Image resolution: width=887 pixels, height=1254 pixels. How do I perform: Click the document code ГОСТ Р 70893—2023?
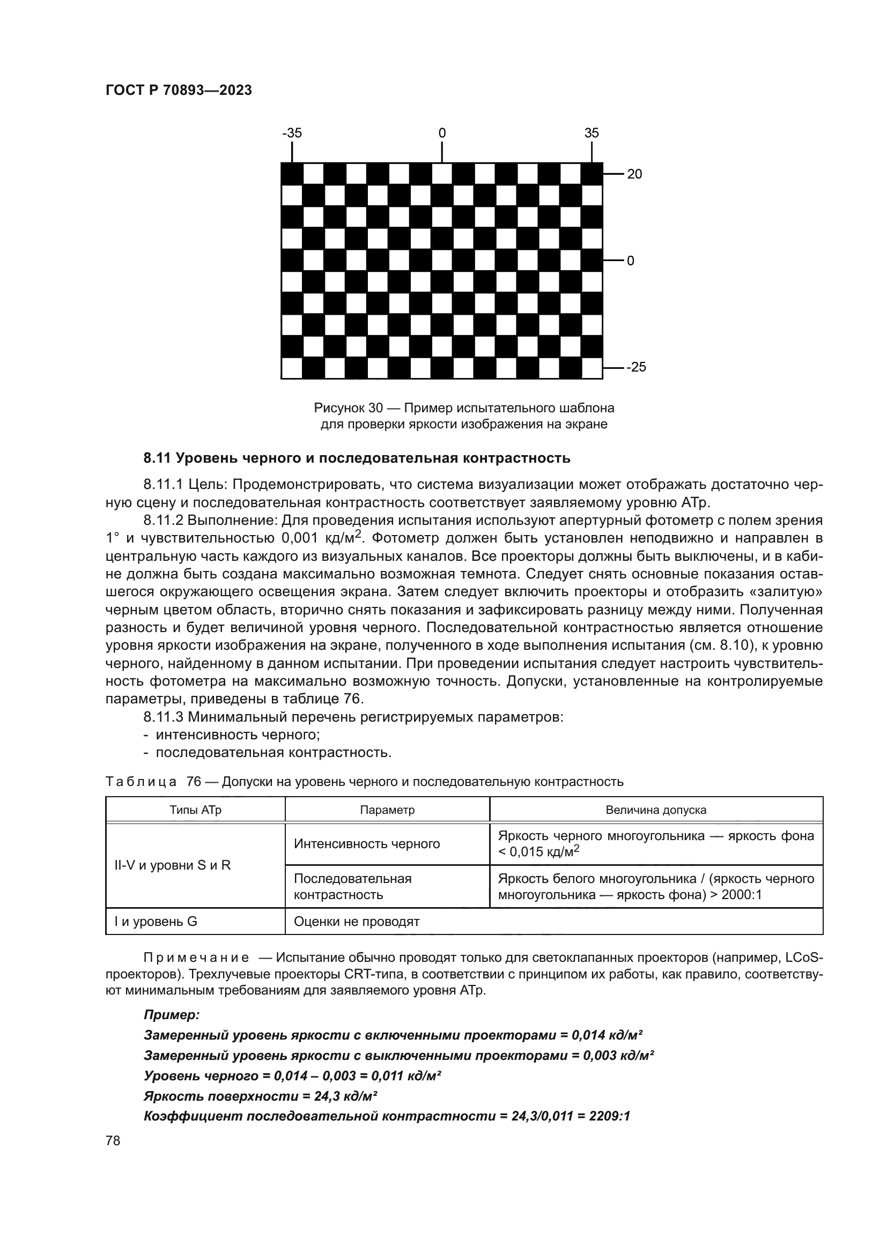179,90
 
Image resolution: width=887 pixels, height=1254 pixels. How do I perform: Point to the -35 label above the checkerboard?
292,133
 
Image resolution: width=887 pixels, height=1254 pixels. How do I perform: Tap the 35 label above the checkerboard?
592,133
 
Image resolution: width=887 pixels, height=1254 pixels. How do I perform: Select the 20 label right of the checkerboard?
634,174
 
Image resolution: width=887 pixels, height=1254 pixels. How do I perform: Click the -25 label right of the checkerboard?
636,367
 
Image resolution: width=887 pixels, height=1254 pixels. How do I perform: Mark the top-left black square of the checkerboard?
292,174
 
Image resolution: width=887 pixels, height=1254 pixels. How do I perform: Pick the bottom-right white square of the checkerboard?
592,368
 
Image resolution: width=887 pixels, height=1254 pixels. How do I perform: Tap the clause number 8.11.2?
164,520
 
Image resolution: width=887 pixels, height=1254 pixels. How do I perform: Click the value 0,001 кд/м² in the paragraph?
322,538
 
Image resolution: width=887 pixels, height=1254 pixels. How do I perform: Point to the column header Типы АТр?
196,810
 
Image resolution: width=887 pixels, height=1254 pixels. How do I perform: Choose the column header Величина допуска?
656,810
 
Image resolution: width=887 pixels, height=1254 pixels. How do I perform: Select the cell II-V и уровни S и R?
173,865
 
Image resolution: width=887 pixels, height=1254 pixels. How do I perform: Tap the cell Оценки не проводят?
357,922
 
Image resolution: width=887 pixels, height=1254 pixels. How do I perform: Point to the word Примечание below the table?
196,958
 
